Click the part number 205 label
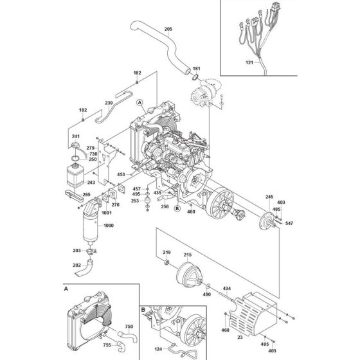click(168, 29)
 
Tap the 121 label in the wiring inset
click(249, 62)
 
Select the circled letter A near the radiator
click(139, 102)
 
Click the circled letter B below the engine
click(177, 209)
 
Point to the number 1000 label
click(109, 226)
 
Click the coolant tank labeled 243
click(75, 175)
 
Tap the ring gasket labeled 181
click(195, 77)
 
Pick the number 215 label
click(188, 255)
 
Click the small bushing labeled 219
click(166, 262)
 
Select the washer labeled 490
click(208, 286)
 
